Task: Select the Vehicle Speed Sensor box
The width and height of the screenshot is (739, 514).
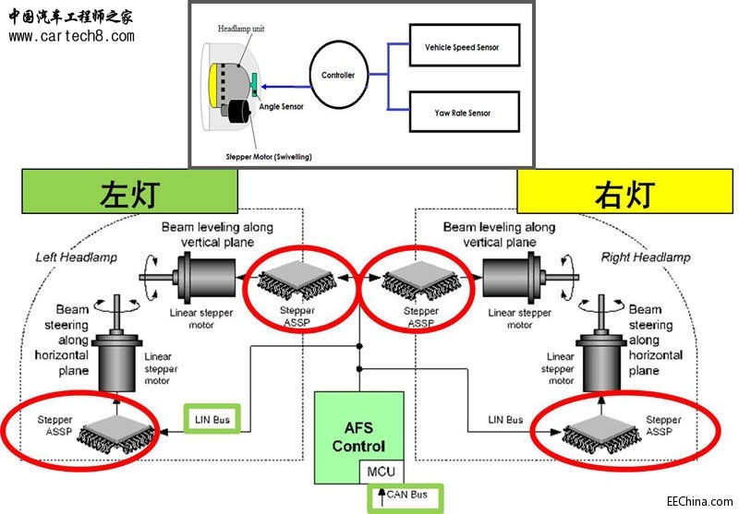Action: (x=465, y=45)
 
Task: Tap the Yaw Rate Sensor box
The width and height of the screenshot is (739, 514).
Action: (x=465, y=112)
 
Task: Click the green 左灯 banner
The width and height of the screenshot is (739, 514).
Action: (x=129, y=192)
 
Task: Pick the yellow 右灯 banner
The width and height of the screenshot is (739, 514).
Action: (x=625, y=192)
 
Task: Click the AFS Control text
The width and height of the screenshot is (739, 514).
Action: (x=358, y=436)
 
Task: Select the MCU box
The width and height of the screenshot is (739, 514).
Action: (x=382, y=472)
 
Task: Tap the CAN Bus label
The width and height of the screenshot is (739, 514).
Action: (x=406, y=495)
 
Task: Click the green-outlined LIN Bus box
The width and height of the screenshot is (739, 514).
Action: (x=212, y=419)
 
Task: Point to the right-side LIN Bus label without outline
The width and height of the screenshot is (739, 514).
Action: (x=505, y=419)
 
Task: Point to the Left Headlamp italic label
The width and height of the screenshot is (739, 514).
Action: (x=77, y=257)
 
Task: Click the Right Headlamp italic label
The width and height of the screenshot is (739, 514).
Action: (x=646, y=257)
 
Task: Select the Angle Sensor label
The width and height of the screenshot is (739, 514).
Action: (x=281, y=107)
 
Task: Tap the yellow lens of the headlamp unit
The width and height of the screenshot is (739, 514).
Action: (x=213, y=85)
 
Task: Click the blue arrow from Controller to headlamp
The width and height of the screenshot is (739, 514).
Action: (x=286, y=87)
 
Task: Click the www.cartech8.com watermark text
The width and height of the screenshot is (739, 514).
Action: (x=72, y=36)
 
